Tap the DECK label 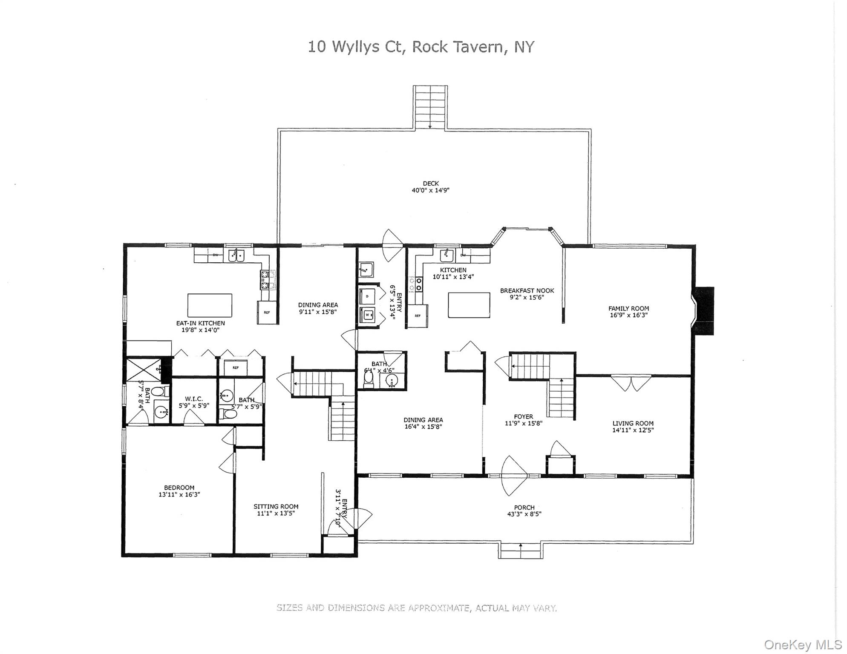pyautogui.click(x=430, y=184)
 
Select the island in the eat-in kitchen pyautogui.click(x=210, y=305)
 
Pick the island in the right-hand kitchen pyautogui.click(x=469, y=305)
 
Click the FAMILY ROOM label pyautogui.click(x=628, y=308)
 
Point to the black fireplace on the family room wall pyautogui.click(x=704, y=311)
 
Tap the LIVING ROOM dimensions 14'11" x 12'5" pyautogui.click(x=633, y=430)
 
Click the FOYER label pyautogui.click(x=523, y=416)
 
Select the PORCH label pyautogui.click(x=524, y=508)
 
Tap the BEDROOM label pyautogui.click(x=179, y=488)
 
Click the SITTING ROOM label pyautogui.click(x=276, y=506)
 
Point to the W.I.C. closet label pyautogui.click(x=193, y=399)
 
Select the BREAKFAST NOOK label pyautogui.click(x=527, y=291)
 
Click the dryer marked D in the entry pyautogui.click(x=367, y=295)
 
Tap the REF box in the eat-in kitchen pyautogui.click(x=267, y=313)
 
